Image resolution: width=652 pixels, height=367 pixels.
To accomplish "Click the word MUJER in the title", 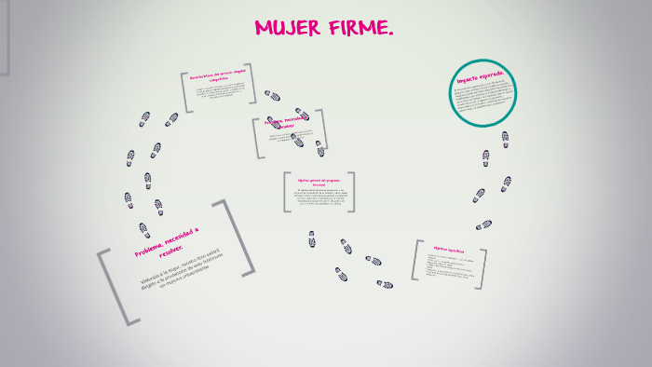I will click(x=285, y=29).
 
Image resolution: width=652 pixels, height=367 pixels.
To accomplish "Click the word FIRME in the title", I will click(x=358, y=29).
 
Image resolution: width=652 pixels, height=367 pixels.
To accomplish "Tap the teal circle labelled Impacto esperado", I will click(x=483, y=92).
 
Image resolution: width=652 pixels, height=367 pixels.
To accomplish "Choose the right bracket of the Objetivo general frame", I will click(x=352, y=192).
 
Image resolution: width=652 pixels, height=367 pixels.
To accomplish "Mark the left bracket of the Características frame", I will click(x=185, y=92).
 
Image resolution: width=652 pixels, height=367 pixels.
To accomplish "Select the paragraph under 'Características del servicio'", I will click(x=221, y=93).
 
